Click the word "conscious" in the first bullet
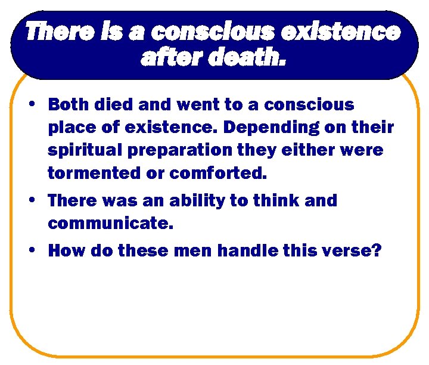coord(309,105)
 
